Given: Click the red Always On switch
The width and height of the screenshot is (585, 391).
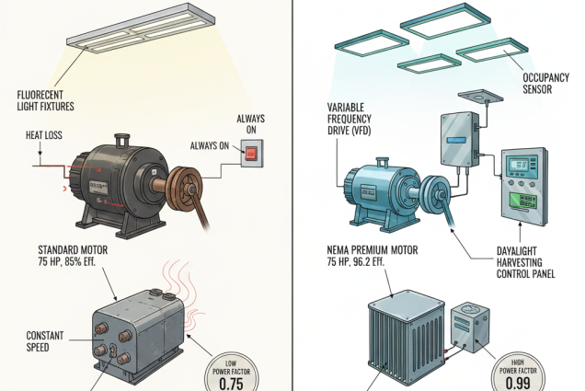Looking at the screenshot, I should click(249, 156).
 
